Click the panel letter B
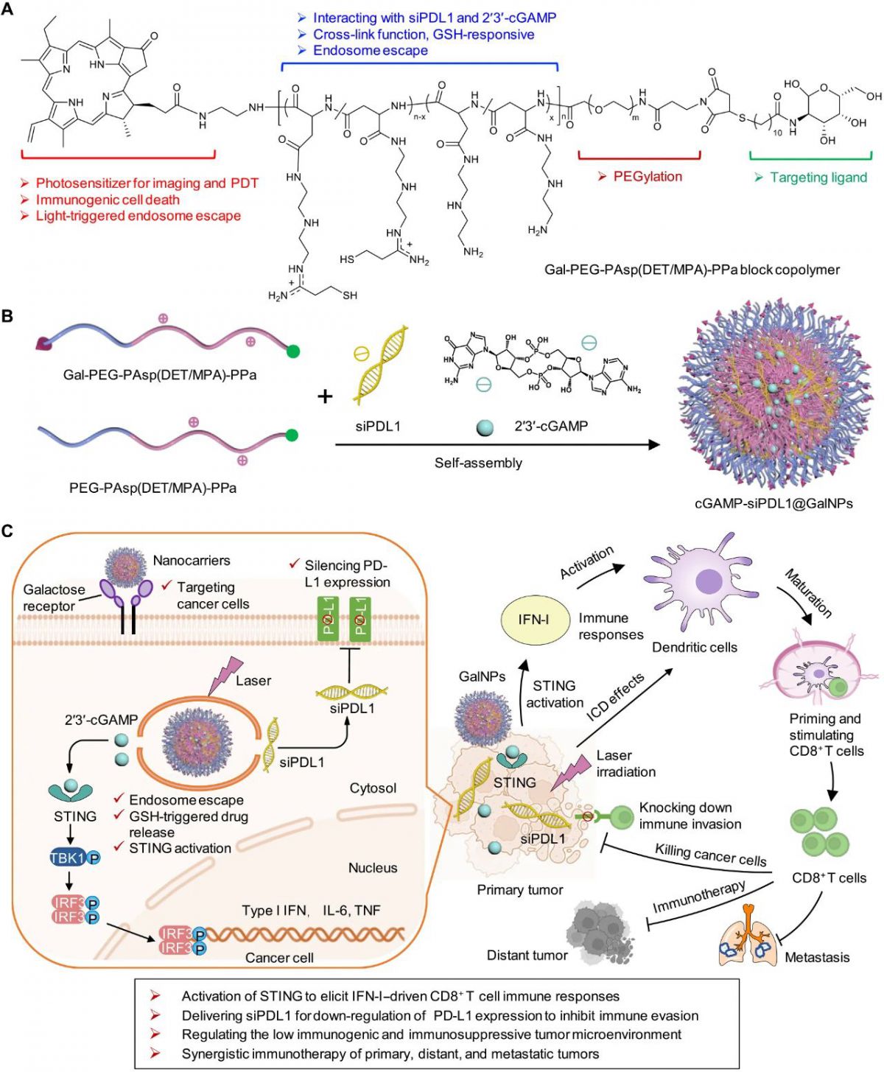(x=8, y=316)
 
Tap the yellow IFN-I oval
(x=533, y=620)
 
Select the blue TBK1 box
(x=67, y=858)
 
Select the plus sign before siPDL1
(x=325, y=397)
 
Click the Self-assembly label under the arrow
(x=478, y=463)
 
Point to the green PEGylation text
(x=648, y=177)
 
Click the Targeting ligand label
(x=818, y=178)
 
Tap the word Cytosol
(x=373, y=788)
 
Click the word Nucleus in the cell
(x=373, y=868)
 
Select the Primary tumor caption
(x=519, y=890)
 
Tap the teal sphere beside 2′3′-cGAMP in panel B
(x=484, y=427)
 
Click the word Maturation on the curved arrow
(x=808, y=593)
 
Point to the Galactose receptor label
(x=54, y=598)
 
